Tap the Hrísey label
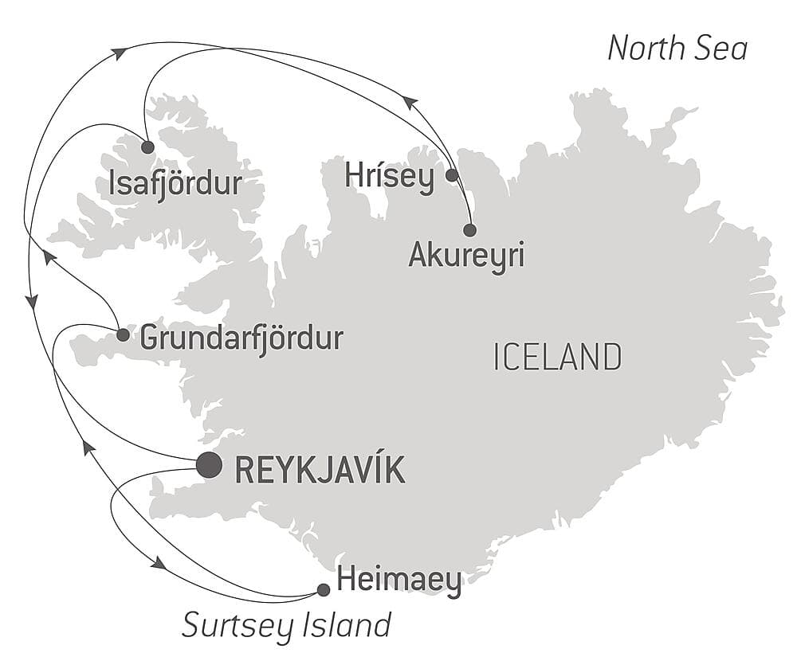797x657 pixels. pos(390,177)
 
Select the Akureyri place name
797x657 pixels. pos(466,256)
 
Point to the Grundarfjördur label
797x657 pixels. pos(241,338)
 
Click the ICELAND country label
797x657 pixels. pos(557,357)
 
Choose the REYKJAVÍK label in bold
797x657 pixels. pos(320,470)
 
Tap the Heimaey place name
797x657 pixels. pos(398,581)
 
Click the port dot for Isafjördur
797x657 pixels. pos(147,147)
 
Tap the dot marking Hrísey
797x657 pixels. pos(451,174)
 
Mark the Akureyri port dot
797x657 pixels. pos(469,230)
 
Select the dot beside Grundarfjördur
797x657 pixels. pos(123,334)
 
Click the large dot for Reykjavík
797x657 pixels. pos(209,465)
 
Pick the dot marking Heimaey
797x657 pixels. pos(323,590)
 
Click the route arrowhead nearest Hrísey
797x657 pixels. pos(410,102)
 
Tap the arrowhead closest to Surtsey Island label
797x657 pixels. pos(159,563)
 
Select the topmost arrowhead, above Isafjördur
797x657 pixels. pos(120,53)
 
